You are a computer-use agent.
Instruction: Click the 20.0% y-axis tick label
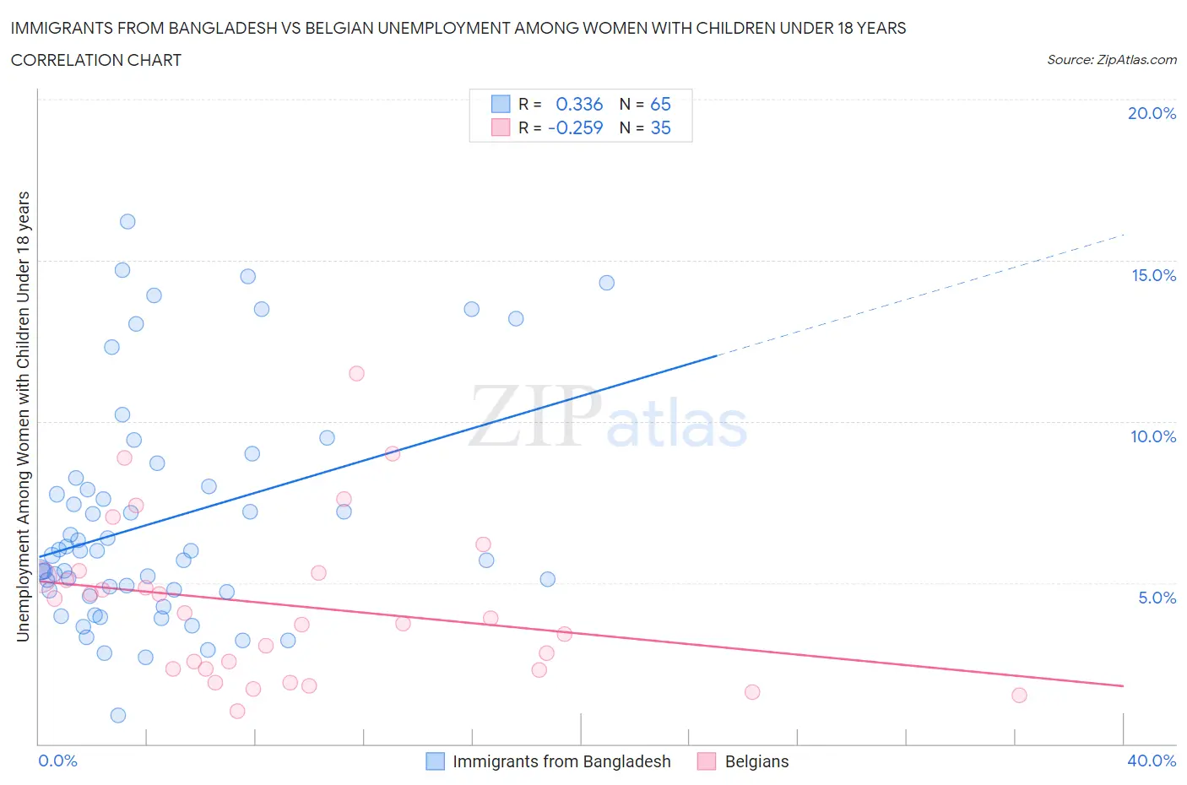(x=1152, y=114)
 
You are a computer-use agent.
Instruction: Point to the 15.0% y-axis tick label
(x=1153, y=275)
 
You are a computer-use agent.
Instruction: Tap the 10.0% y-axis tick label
(x=1153, y=436)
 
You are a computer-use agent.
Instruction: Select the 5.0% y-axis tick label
(x=1157, y=598)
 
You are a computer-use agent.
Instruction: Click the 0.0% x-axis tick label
(x=57, y=761)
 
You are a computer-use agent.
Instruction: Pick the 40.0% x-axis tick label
(x=1152, y=761)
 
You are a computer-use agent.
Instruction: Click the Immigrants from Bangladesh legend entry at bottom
(x=561, y=761)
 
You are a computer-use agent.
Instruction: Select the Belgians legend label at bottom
(x=756, y=761)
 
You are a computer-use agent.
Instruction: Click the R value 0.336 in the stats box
(x=579, y=104)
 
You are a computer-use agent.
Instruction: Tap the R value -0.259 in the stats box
(x=575, y=127)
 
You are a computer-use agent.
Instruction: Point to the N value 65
(x=660, y=104)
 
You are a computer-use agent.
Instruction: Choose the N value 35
(x=660, y=127)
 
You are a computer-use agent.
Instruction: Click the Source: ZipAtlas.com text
(x=1111, y=60)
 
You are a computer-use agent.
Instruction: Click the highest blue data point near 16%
(x=127, y=222)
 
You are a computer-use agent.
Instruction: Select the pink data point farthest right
(x=1019, y=696)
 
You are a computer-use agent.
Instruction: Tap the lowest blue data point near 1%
(x=118, y=715)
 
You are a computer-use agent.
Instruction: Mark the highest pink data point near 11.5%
(x=356, y=373)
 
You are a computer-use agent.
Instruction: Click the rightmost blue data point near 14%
(x=606, y=283)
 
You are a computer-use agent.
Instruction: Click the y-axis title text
(x=23, y=416)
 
